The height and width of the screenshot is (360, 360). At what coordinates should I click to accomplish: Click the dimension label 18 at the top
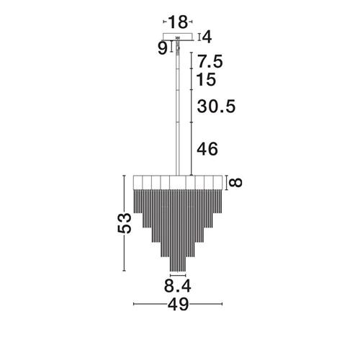pyautogui.click(x=178, y=22)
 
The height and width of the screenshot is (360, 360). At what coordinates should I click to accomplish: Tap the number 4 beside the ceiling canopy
pyautogui.click(x=207, y=37)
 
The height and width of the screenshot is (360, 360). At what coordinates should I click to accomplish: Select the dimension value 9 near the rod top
pyautogui.click(x=163, y=49)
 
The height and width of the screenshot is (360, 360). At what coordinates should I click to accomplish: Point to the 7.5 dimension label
pyautogui.click(x=210, y=61)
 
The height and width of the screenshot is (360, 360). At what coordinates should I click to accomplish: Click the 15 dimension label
pyautogui.click(x=206, y=79)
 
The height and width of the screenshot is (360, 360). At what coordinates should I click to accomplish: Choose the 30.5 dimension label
pyautogui.click(x=216, y=107)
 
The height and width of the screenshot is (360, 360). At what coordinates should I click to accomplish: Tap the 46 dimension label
pyautogui.click(x=207, y=149)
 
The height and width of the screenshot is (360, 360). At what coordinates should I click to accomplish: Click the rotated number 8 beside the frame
pyautogui.click(x=235, y=183)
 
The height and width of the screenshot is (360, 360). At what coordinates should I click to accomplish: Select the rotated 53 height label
pyautogui.click(x=125, y=223)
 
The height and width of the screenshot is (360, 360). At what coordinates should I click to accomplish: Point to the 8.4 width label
pyautogui.click(x=178, y=286)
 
